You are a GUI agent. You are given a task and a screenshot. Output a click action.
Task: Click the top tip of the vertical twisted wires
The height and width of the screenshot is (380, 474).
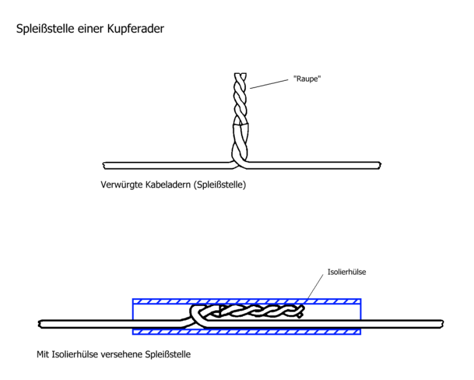(240, 75)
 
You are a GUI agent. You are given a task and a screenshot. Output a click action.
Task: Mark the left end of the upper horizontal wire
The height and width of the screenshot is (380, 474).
(103, 165)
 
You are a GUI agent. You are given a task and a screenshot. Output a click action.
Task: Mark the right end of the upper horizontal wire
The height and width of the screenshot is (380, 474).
(379, 165)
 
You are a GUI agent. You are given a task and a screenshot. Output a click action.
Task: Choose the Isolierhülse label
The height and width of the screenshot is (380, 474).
(346, 271)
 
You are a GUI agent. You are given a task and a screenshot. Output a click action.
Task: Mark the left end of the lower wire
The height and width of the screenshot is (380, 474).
(40, 323)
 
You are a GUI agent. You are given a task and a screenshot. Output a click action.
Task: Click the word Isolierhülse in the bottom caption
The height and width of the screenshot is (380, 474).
(77, 355)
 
